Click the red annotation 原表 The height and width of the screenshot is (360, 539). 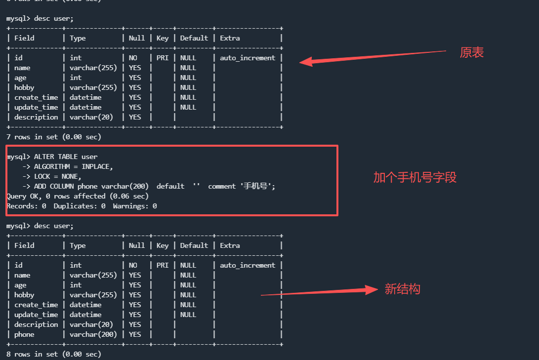[x=471, y=53]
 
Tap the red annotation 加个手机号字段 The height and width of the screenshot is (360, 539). [x=415, y=178]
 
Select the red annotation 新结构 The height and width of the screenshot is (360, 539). [x=402, y=289]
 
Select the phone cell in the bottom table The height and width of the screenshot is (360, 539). [x=24, y=334]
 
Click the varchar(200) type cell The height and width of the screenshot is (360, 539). [x=93, y=334]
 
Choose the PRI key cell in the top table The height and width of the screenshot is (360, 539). [x=162, y=58]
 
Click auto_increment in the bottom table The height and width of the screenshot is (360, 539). [x=248, y=265]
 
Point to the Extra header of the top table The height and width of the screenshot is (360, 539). [x=230, y=38]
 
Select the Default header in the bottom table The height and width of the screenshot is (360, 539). [x=194, y=245]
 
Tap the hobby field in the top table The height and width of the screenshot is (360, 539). [x=24, y=87]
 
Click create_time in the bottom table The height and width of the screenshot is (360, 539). [x=36, y=305]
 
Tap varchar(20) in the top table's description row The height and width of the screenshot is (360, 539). [x=91, y=117]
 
